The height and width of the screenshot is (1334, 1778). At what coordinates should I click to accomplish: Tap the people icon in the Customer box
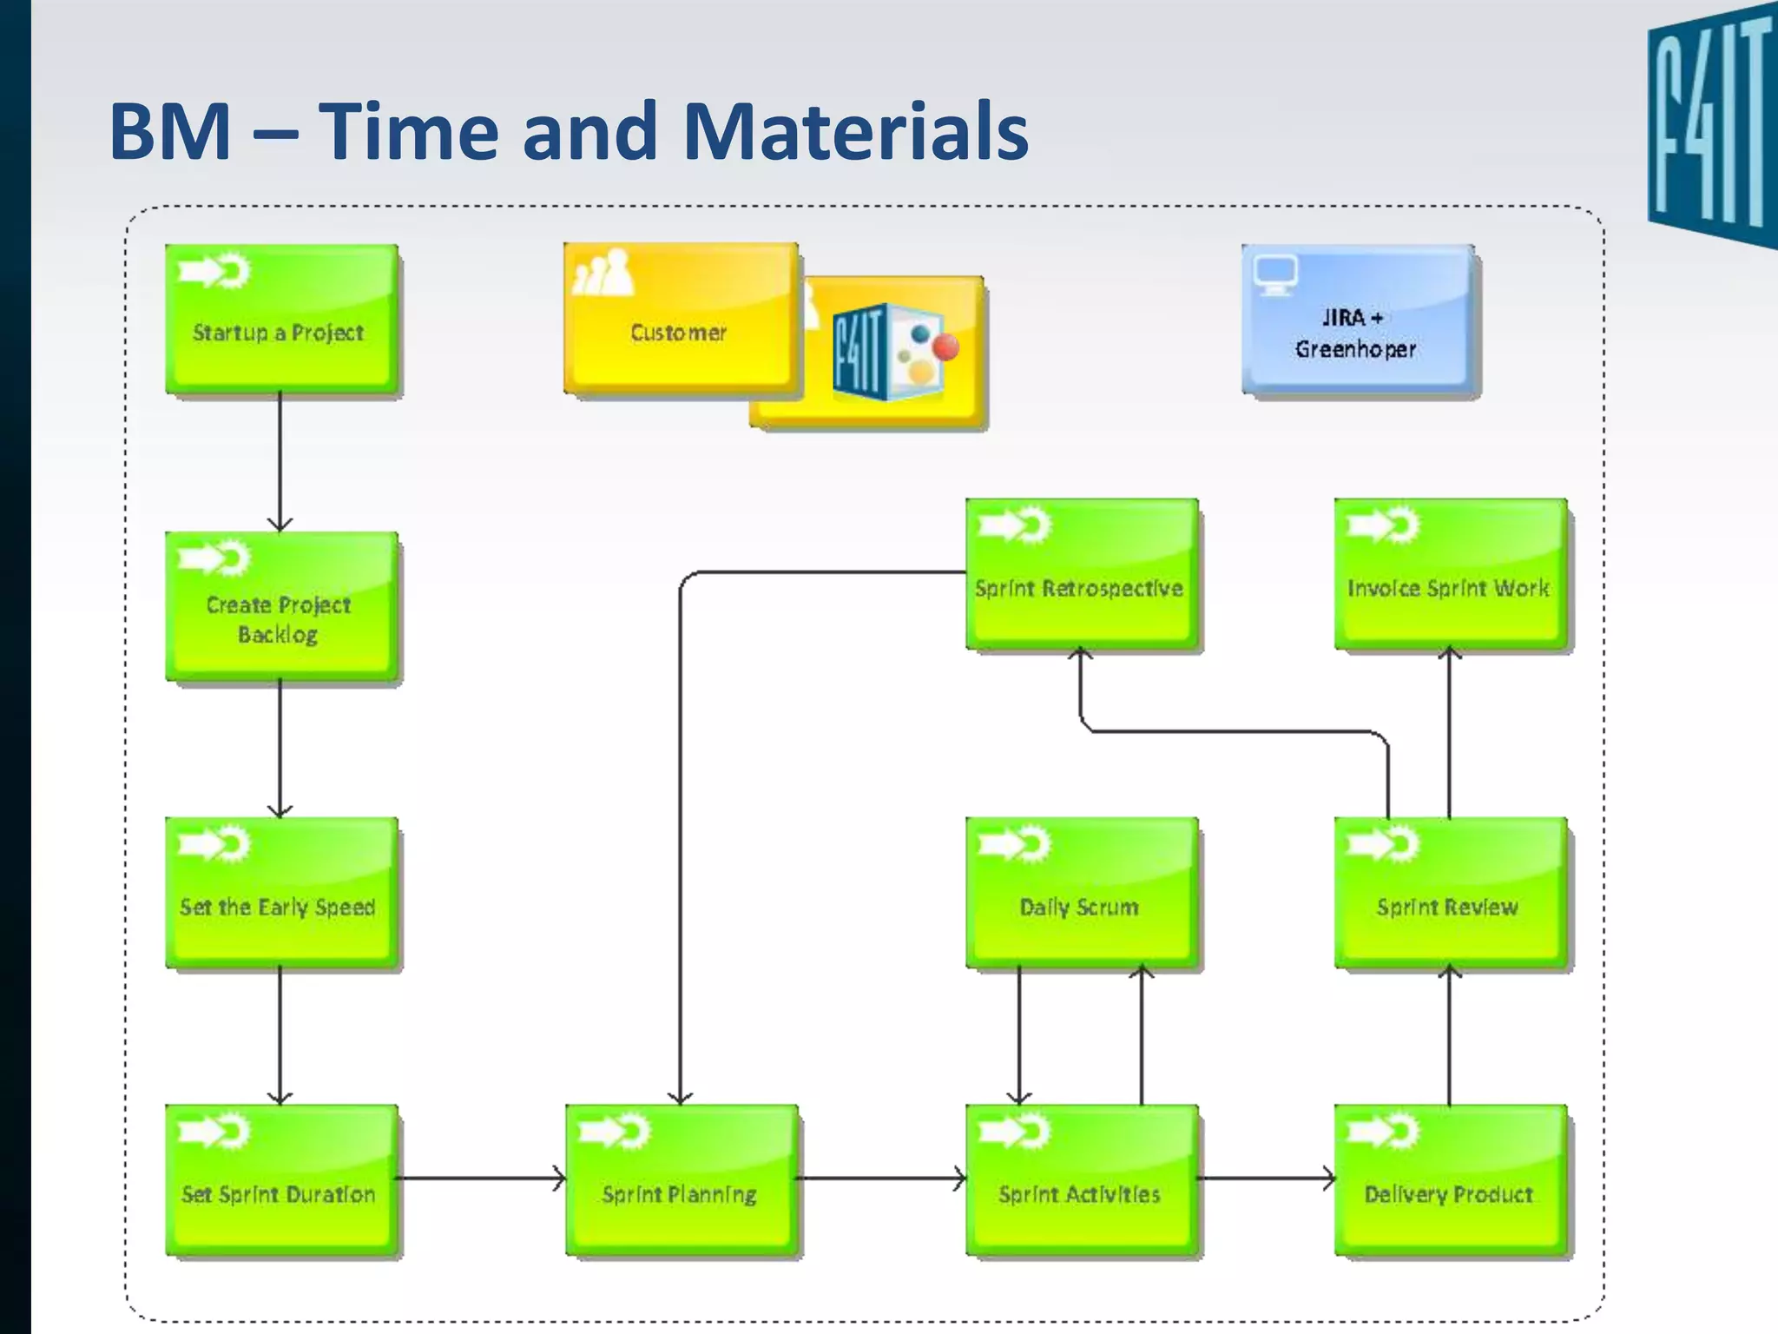[603, 272]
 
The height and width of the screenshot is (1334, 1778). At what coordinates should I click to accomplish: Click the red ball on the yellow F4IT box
[945, 347]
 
